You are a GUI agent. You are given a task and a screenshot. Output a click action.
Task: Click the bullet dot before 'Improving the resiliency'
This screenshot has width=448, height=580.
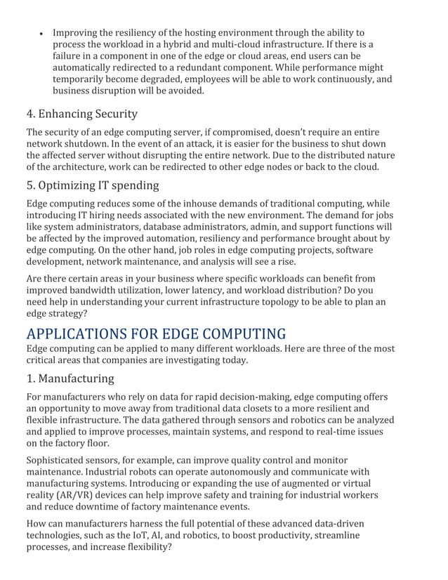click(42, 34)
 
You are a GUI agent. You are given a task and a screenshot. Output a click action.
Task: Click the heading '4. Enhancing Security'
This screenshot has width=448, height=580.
click(81, 114)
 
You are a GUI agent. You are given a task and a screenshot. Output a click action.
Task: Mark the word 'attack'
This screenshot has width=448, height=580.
click(169, 144)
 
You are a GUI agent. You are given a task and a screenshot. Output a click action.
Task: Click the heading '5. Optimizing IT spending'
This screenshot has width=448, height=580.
click(92, 185)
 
